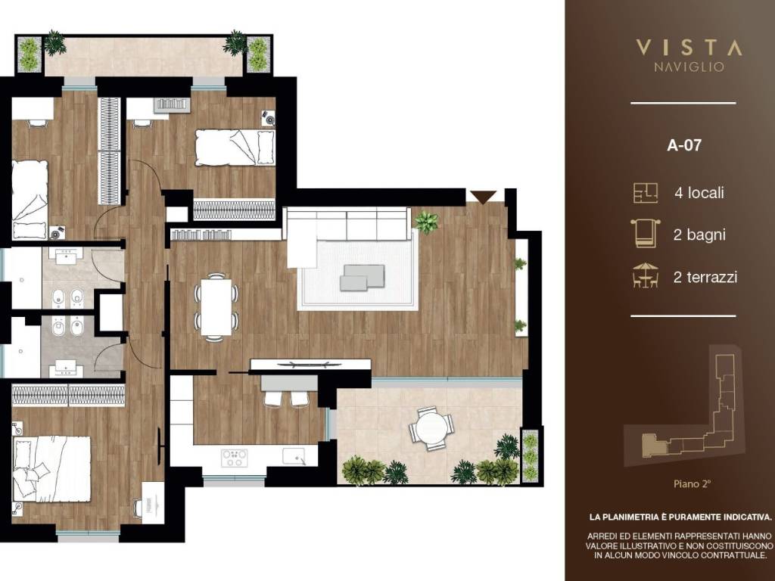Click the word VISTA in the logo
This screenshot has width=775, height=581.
coord(688,48)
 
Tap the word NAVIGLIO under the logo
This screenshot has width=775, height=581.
coord(688,67)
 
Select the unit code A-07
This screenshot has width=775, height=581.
coord(683,146)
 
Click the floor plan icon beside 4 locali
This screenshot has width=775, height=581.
coord(645,193)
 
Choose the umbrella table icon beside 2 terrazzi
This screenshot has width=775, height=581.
coord(645,275)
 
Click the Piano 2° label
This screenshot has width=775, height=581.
coord(692,482)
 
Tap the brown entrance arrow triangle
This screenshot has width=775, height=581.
coord(482,197)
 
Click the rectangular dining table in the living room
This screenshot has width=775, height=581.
coord(216,306)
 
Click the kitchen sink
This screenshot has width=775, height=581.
coord(294,456)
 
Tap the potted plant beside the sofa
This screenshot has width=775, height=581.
coord(426,222)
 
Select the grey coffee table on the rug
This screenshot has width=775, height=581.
coord(364,277)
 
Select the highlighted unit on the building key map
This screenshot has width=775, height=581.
coord(650,444)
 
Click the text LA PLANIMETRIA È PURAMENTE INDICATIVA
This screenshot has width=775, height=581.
coord(680,517)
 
